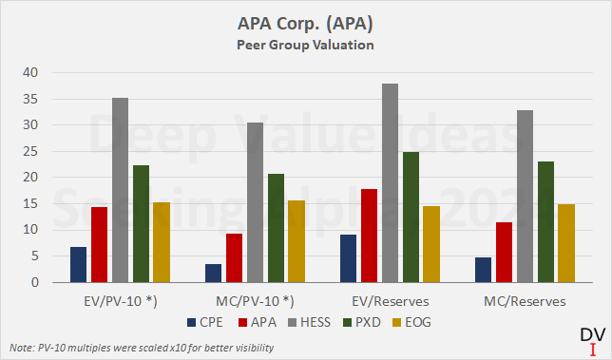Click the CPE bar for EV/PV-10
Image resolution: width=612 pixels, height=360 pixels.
tap(79, 264)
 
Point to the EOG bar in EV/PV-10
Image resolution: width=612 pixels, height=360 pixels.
tap(163, 242)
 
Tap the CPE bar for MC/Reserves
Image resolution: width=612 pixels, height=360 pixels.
tap(484, 270)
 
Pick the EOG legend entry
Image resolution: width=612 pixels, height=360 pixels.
tap(409, 323)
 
